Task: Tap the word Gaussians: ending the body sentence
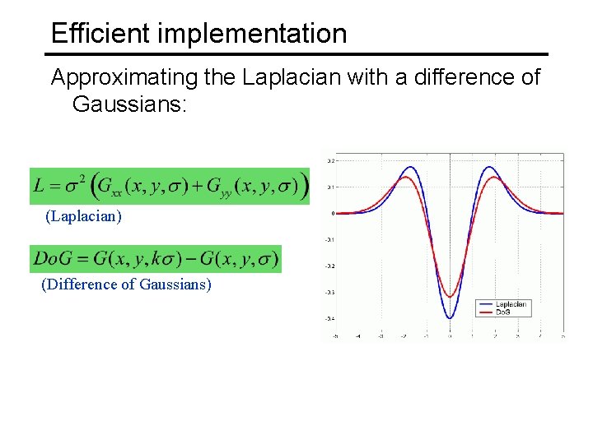pyautogui.click(x=131, y=104)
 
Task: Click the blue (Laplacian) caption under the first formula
pyautogui.click(x=84, y=216)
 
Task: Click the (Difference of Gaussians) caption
pyautogui.click(x=126, y=284)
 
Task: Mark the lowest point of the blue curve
pyautogui.click(x=450, y=318)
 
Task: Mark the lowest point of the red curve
pyautogui.click(x=450, y=297)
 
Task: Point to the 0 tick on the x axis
pyautogui.click(x=450, y=335)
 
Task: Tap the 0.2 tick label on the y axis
pyautogui.click(x=330, y=160)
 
